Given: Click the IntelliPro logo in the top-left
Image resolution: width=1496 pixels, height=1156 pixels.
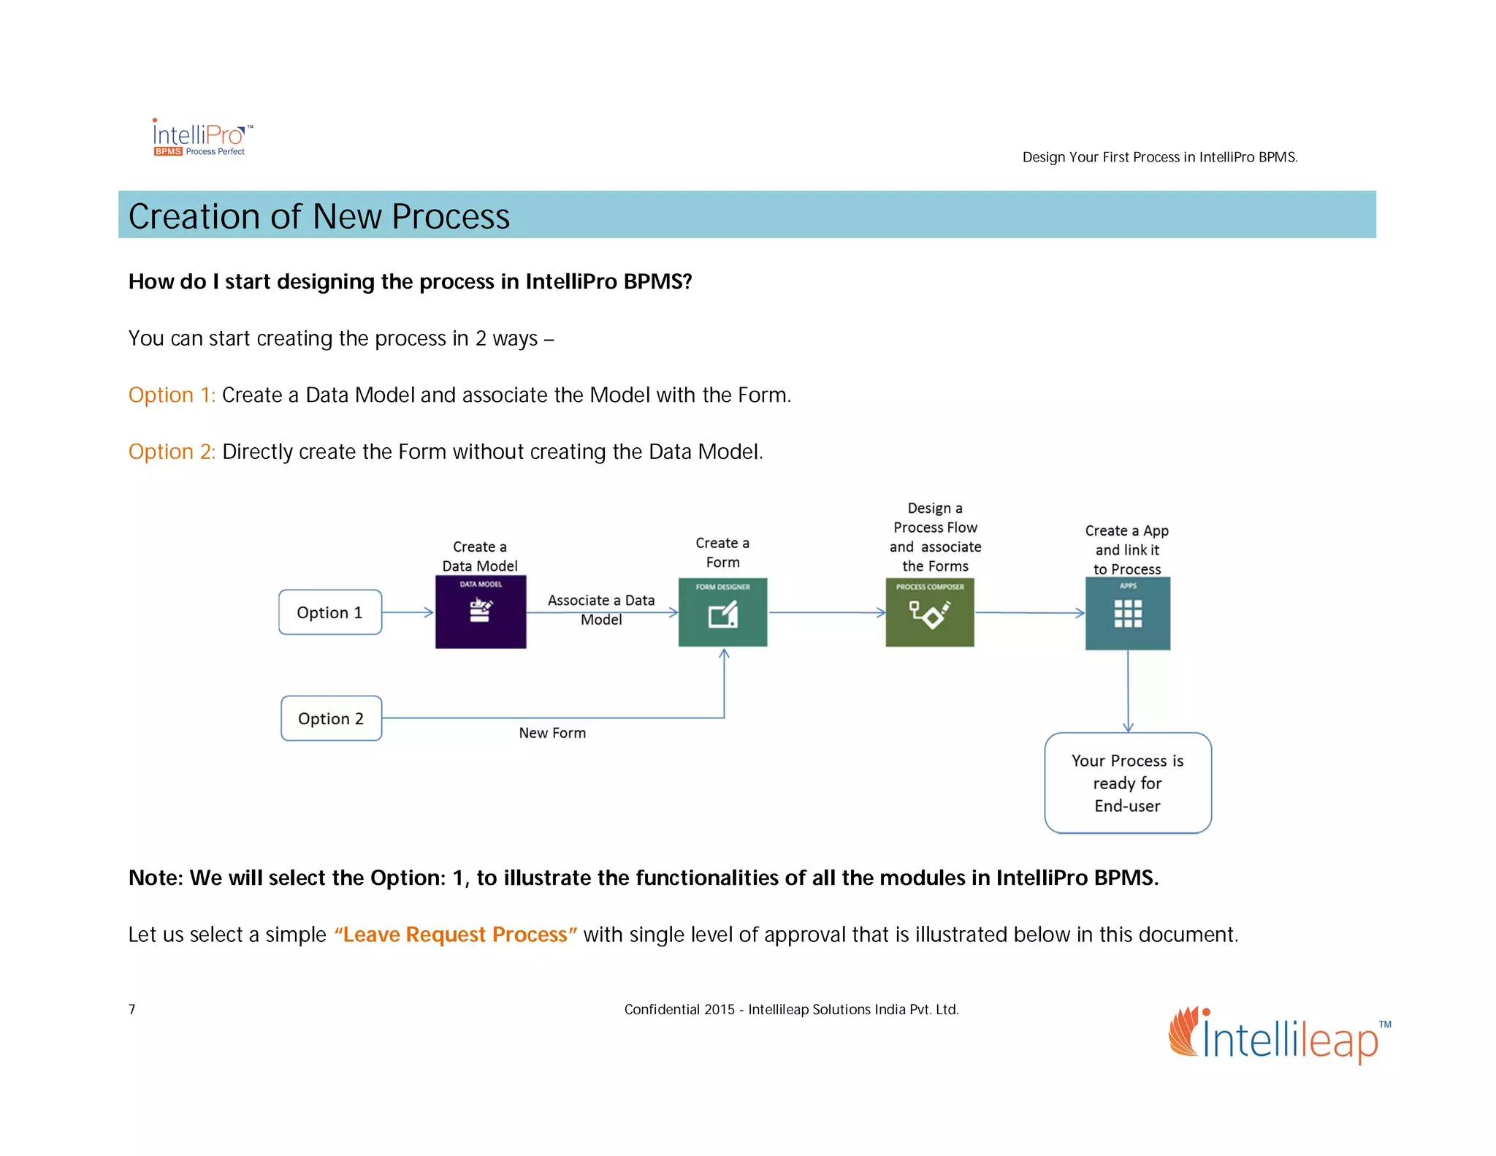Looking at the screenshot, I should pos(202,137).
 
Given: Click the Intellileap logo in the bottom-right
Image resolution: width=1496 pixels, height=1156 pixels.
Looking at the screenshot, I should pos(1279,1036).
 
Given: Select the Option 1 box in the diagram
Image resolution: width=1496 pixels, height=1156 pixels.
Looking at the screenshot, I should pos(329,612).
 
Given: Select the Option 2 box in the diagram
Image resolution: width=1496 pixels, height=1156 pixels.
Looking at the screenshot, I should pos(331,718).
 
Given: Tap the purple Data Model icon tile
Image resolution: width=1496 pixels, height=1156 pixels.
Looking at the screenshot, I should pos(480,612).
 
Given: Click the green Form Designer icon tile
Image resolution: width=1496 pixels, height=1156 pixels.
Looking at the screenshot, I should pos(722,612).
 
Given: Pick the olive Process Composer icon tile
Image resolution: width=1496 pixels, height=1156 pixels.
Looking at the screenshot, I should pos(929,612).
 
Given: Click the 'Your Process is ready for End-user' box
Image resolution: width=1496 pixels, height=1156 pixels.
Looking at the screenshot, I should pos(1127,783).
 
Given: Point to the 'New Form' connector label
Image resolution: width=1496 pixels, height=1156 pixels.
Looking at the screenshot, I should pos(552,733).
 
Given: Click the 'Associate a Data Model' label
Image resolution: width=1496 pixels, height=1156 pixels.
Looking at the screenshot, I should pos(601,609).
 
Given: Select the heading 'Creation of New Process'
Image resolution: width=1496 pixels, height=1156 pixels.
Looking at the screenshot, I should pos(319,216).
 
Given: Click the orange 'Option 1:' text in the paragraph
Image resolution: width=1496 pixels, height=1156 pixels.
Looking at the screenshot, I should pos(172,395).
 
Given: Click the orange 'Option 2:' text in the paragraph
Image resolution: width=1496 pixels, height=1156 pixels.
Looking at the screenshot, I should pos(172,452).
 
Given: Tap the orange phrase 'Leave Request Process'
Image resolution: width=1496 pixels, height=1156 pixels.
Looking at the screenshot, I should pos(455,935).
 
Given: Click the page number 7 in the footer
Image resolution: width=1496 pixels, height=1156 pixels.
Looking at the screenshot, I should pos(132,1010).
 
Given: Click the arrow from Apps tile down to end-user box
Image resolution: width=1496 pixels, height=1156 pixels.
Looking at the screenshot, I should pos(1128,691).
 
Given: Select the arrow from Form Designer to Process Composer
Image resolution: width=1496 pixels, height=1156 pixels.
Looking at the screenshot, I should pos(826,613).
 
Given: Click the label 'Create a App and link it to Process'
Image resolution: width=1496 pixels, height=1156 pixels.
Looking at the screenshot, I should pos(1126,550).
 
